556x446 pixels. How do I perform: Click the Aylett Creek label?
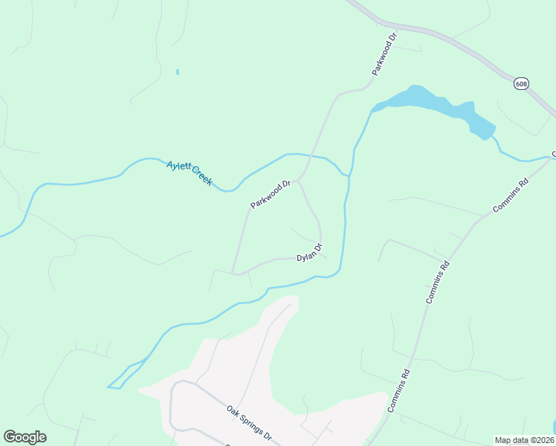pos(190,173)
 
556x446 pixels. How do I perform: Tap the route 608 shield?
pos(520,84)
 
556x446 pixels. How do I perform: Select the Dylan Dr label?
pos(310,252)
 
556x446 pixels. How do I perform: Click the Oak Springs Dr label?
pos(250,421)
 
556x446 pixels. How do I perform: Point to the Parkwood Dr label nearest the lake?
pos(385,54)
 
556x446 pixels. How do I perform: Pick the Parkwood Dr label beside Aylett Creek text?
pos(269,194)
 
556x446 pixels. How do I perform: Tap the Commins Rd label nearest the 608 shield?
pos(510,195)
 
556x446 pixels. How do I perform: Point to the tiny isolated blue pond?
pos(177,72)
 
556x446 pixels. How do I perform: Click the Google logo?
pos(25,437)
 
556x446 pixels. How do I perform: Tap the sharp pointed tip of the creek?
pos(109,387)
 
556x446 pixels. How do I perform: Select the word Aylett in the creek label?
pos(178,167)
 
